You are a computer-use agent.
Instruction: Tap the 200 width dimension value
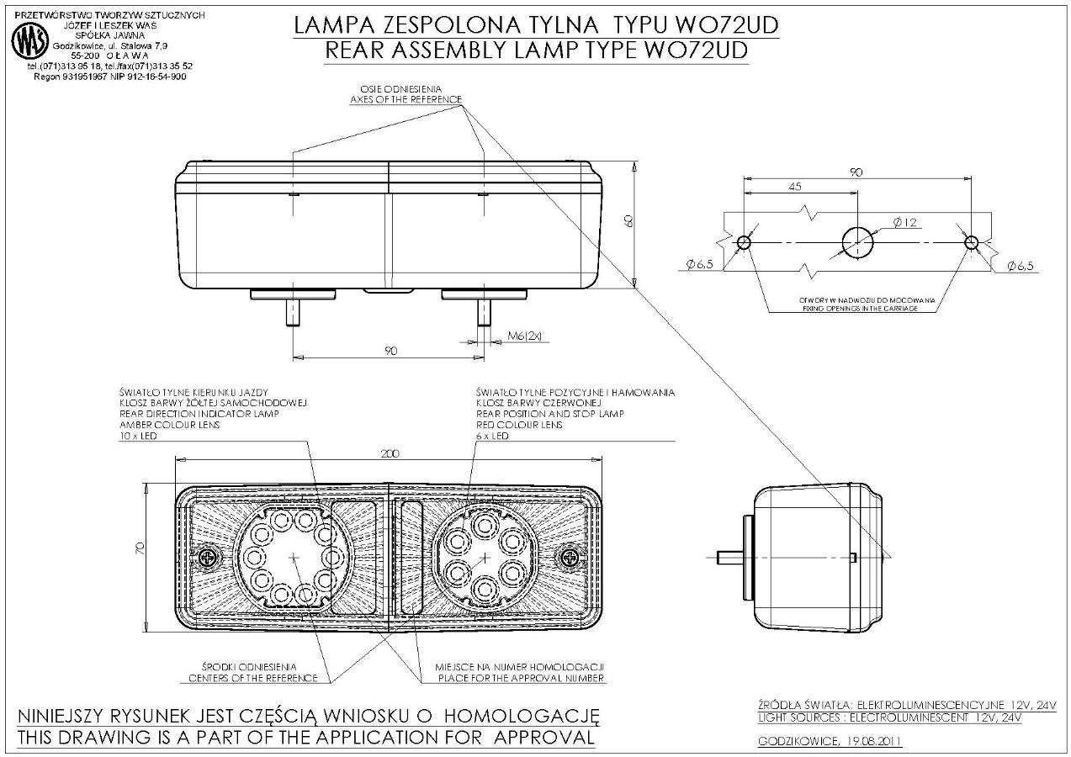[x=390, y=453]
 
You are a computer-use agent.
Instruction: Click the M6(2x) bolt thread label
[x=526, y=336]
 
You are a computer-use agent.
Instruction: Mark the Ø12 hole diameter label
[x=904, y=222]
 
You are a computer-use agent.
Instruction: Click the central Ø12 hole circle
[x=857, y=242]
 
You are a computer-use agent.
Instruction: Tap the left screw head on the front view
[x=209, y=556]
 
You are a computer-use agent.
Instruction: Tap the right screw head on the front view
[x=571, y=556]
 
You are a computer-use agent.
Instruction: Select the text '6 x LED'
[x=492, y=436]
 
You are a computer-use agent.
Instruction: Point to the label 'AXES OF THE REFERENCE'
[x=406, y=99]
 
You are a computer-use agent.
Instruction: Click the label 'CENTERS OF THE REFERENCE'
[x=253, y=678]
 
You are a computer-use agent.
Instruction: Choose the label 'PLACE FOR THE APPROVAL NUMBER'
[x=519, y=678]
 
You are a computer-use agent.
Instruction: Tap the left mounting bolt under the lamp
[x=293, y=315]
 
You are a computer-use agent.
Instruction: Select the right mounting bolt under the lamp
[x=484, y=315]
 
